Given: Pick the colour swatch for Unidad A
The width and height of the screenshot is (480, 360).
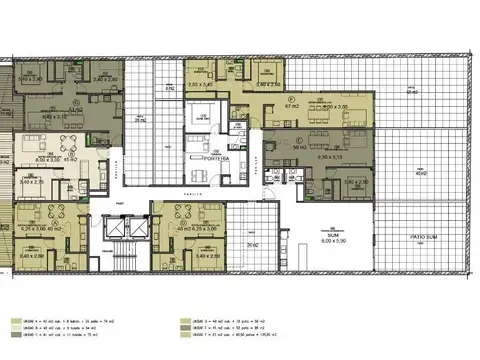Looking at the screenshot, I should tap(14, 322).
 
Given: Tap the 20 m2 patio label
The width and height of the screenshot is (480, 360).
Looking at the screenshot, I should tap(253, 243).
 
